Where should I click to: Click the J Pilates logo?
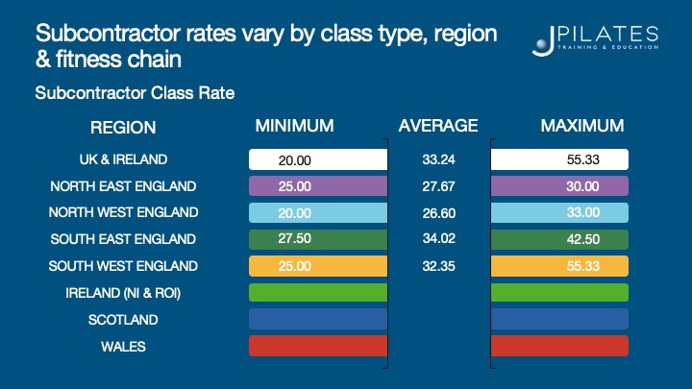click(595, 39)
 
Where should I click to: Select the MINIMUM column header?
click(294, 126)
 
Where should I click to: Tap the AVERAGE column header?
click(438, 126)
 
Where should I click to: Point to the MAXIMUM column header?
click(581, 126)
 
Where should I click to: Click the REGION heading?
click(123, 128)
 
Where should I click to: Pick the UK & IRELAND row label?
click(123, 159)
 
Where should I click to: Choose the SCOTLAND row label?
click(123, 320)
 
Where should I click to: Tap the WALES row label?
click(123, 347)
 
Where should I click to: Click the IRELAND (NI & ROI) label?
click(123, 293)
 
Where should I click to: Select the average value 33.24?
click(439, 159)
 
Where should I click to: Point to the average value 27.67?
click(439, 186)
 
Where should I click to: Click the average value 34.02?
click(439, 239)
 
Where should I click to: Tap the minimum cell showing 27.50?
click(317, 239)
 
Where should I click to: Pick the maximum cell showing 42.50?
click(559, 239)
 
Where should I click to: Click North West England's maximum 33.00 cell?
click(559, 213)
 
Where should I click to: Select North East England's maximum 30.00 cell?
click(559, 186)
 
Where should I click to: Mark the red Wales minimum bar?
click(317, 346)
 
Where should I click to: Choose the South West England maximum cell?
click(559, 266)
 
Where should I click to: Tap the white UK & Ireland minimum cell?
click(317, 159)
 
